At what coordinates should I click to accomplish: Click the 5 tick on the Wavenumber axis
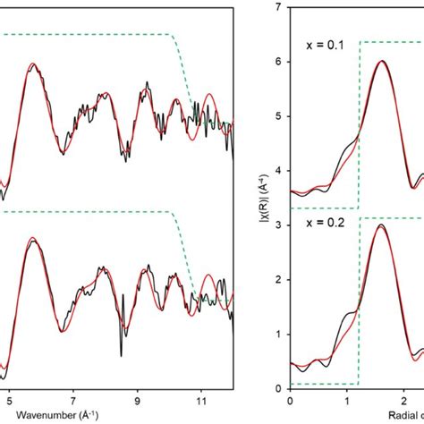click(10, 403)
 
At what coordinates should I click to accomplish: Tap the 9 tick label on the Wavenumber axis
click(137, 403)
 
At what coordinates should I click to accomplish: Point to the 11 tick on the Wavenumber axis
click(201, 403)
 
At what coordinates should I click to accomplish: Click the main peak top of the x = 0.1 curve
click(382, 61)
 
